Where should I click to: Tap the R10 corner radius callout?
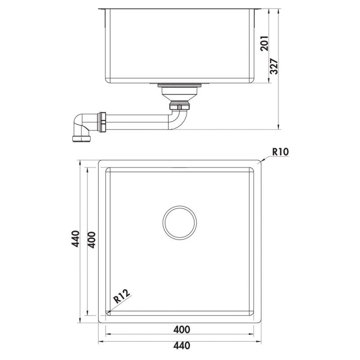279,152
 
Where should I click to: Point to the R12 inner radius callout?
122,297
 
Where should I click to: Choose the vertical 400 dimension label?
90,238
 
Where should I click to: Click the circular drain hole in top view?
180,223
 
